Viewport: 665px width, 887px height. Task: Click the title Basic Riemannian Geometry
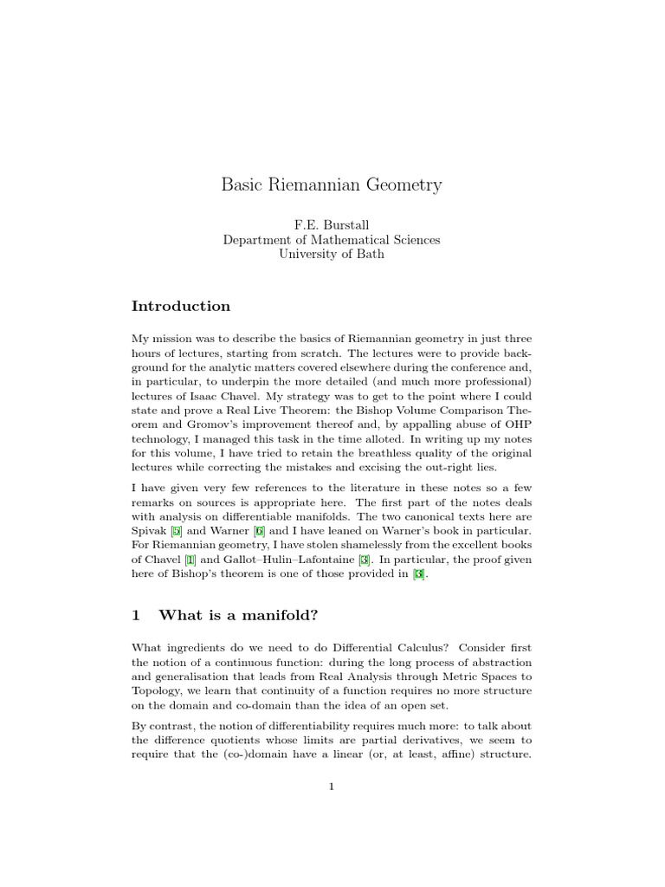coord(332,185)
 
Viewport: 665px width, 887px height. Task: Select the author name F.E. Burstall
coord(332,225)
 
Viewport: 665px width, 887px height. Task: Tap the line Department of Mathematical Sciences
coord(332,240)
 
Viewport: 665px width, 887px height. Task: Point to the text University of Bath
coord(332,255)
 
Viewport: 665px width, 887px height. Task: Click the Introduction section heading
coord(181,306)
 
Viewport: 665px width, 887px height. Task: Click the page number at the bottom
coord(332,786)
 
